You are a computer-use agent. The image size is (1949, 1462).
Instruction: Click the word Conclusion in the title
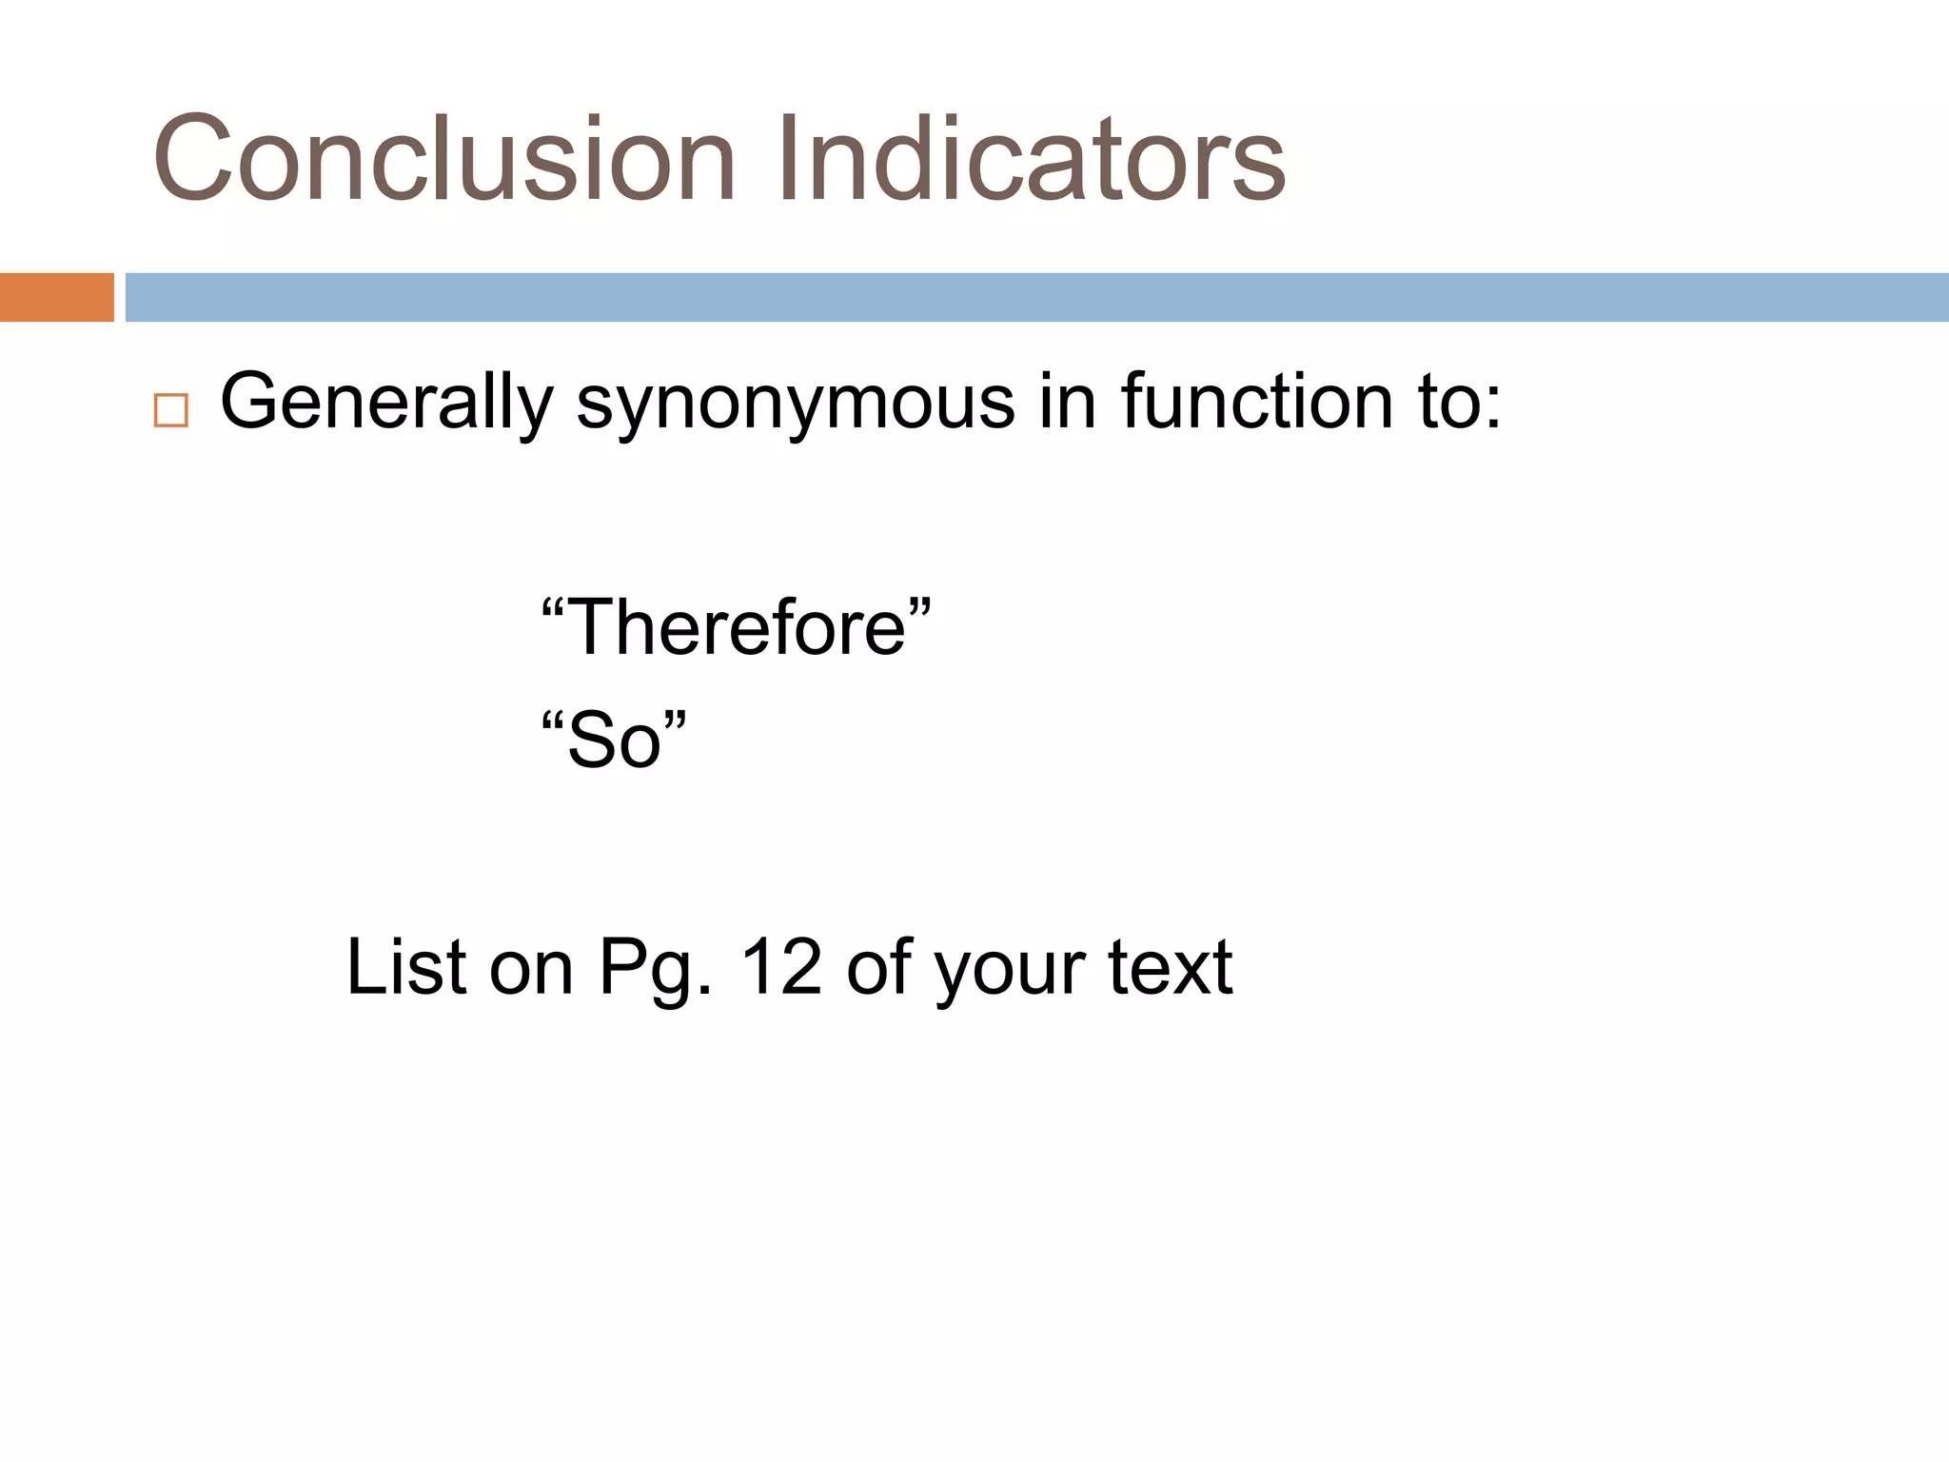point(443,159)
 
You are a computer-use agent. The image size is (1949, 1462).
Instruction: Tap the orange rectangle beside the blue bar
point(56,297)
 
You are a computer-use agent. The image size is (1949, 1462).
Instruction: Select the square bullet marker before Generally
point(170,410)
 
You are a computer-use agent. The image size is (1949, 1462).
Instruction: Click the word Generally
point(386,403)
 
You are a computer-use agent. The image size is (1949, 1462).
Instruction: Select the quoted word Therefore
point(736,627)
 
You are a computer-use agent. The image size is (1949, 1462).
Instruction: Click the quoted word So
point(614,741)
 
